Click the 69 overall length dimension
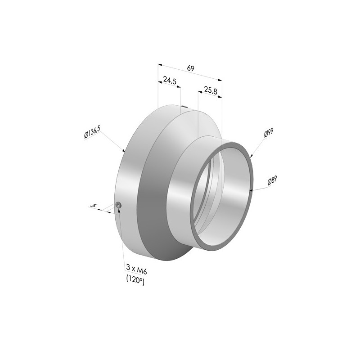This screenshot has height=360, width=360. point(190,68)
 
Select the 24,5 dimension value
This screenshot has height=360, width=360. point(170,80)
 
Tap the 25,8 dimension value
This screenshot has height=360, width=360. point(211,91)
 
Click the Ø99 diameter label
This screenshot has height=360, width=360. point(269,133)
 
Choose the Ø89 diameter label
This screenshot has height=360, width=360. point(272,180)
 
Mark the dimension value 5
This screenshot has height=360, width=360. point(93,206)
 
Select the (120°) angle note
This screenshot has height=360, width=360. point(135,280)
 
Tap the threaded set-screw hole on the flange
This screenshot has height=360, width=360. point(118,205)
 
